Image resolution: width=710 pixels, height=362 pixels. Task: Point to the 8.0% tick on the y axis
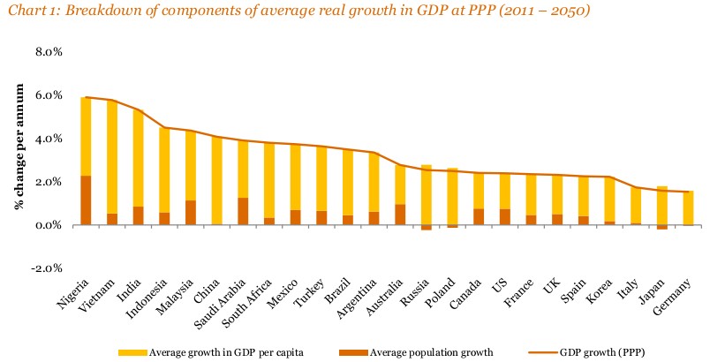(x=48, y=51)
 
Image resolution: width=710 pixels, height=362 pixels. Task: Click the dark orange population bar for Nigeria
(x=86, y=200)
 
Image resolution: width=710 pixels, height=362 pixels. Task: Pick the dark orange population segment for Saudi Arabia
(x=243, y=211)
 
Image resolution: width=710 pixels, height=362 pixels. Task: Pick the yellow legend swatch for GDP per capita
(x=132, y=351)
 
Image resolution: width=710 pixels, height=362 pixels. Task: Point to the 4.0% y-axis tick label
(x=48, y=139)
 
